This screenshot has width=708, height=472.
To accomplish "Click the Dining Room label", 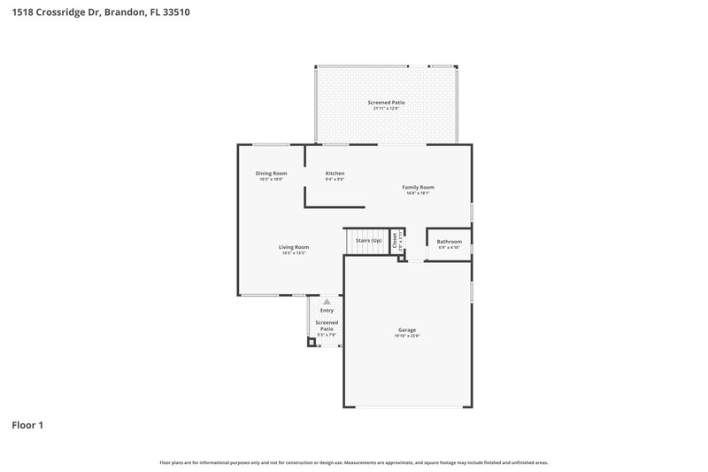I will click(271, 173).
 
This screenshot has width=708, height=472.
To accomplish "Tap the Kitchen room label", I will click(335, 173).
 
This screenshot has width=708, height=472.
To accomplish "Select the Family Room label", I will click(418, 187).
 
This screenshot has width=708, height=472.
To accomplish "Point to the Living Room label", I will click(294, 247).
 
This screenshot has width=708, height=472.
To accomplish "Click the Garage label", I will click(406, 330).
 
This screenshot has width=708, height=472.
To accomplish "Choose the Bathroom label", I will click(449, 241).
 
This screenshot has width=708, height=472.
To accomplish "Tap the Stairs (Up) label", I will click(368, 241).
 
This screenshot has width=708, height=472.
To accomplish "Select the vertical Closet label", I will click(395, 240).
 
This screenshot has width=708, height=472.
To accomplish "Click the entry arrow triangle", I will click(327, 302).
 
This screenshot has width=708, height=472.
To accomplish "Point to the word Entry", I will click(327, 311).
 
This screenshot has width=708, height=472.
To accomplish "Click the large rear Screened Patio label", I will click(386, 103).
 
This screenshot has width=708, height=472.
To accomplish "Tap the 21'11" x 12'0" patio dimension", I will click(386, 109).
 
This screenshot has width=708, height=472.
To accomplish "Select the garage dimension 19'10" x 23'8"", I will click(406, 337).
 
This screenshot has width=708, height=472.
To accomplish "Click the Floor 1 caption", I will click(27, 425).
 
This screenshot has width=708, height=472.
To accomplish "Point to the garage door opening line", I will click(408, 406).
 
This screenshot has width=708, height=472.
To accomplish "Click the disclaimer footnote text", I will click(354, 462).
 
